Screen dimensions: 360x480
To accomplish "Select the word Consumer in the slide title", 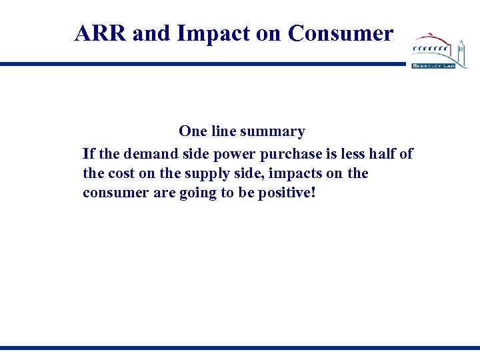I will [x=341, y=33].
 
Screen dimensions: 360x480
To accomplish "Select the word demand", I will [x=142, y=154].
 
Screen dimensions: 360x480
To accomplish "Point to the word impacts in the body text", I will [x=281, y=173].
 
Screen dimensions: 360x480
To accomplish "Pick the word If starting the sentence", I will [x=88, y=154].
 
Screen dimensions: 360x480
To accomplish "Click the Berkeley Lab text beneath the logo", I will [x=433, y=66].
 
